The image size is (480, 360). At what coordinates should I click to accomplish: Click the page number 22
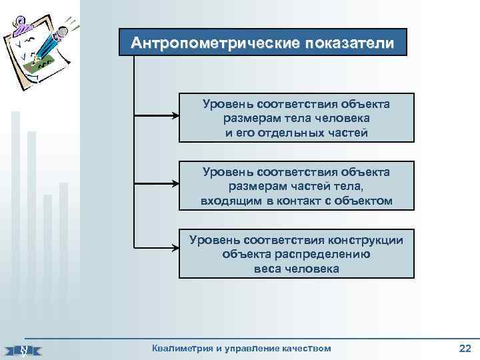click(x=465, y=347)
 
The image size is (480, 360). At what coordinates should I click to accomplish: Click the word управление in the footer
click(x=249, y=348)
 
